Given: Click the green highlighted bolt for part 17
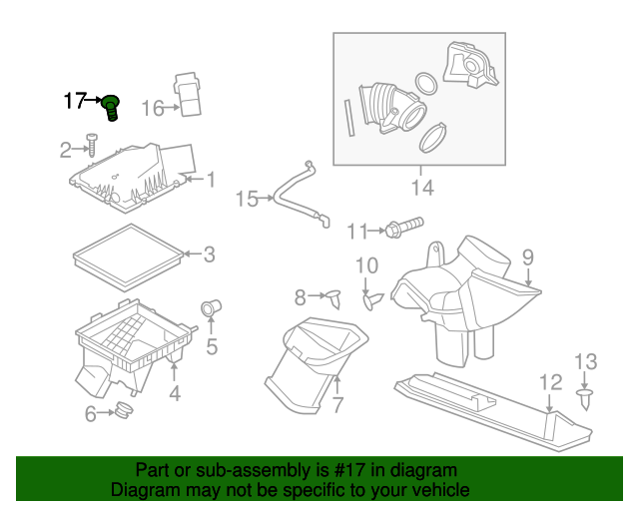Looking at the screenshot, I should pyautogui.click(x=112, y=106).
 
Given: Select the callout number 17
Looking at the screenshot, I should pyautogui.click(x=76, y=101).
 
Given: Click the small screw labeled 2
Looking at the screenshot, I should pyautogui.click(x=90, y=146).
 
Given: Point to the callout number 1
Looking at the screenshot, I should pyautogui.click(x=211, y=180).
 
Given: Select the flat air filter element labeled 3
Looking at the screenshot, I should pyautogui.click(x=127, y=255).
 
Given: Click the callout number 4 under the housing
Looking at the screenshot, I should pyautogui.click(x=175, y=394).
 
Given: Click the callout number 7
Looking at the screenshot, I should pyautogui.click(x=337, y=406).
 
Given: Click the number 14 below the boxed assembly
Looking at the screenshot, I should pyautogui.click(x=422, y=187).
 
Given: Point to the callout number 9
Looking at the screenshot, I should pyautogui.click(x=528, y=256).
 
